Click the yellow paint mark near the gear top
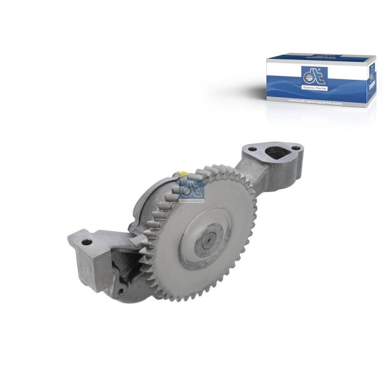[183, 174]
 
